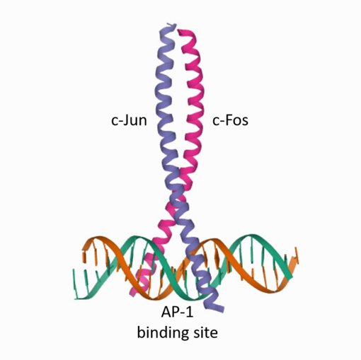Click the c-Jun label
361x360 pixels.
coord(129,120)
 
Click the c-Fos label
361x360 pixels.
coord(230,120)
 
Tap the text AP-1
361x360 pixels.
coord(177,313)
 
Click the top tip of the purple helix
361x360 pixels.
coord(171,25)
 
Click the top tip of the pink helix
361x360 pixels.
coord(181,33)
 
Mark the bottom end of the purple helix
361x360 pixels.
coord(218,308)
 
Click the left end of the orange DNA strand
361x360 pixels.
coord(84,248)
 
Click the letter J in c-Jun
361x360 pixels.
coord(126,121)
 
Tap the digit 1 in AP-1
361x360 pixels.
coord(190,312)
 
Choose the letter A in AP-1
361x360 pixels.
coord(166,312)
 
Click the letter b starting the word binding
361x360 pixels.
coord(141,332)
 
